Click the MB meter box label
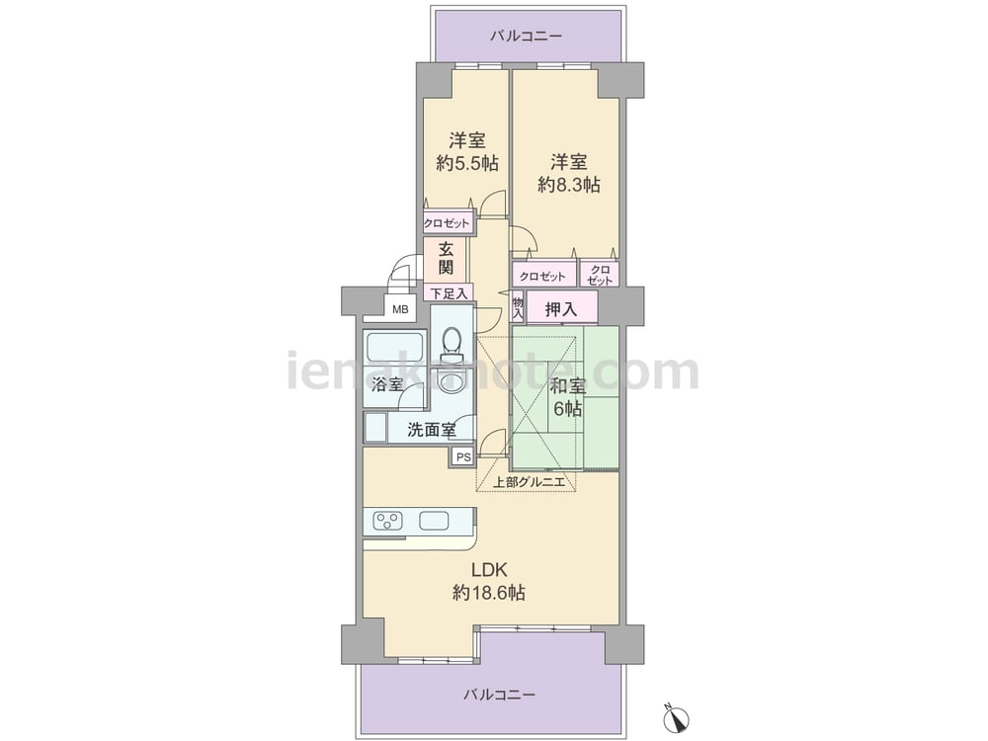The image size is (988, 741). [400, 309]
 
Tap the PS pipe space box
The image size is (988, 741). [463, 457]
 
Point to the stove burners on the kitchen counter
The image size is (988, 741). [388, 521]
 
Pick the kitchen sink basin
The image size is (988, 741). [434, 521]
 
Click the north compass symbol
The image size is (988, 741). [678, 717]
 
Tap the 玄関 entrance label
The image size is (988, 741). [446, 258]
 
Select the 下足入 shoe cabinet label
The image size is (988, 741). [449, 293]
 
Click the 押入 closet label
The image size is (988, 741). [561, 309]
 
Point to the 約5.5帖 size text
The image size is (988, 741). [467, 164]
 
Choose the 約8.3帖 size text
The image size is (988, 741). [569, 185]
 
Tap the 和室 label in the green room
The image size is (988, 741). [568, 385]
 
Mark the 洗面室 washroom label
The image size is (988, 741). [432, 431]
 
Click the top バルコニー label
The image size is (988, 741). [527, 36]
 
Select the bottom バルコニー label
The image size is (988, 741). [500, 695]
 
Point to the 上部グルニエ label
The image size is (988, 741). [528, 482]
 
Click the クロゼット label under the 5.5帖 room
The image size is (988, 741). [447, 223]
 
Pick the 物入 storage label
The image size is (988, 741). [518, 307]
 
